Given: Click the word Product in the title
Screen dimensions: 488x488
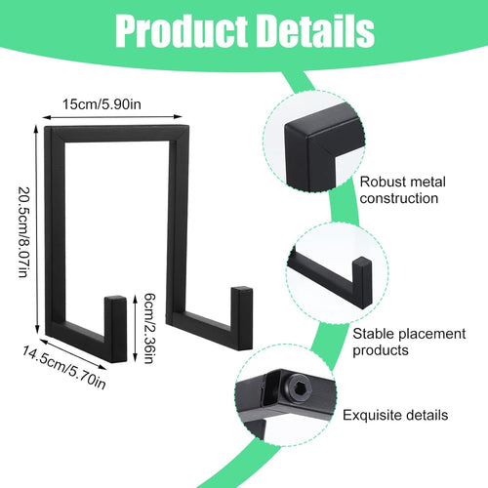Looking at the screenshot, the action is pos(181,32).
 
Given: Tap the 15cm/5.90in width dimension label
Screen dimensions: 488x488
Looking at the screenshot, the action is pos(102,104).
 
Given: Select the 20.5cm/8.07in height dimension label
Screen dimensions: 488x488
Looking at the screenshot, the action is pos(23,231).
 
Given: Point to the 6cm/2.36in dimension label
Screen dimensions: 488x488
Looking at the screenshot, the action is pos(149,328).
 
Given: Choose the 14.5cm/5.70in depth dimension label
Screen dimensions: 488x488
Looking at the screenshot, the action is pos(64,367).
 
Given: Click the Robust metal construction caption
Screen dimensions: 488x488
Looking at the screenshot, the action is pos(402,190).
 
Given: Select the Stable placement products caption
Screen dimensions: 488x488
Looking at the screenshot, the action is pos(409,342).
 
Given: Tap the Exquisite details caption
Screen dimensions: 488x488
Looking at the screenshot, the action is pos(395,415).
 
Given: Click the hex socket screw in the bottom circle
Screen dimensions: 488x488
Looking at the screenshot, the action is pos(299,388).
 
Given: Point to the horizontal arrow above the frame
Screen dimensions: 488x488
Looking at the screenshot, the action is pos(112,117).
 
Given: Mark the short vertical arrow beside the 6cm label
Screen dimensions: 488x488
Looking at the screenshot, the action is pos(136,328).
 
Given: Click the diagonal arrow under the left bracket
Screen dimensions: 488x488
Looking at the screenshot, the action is pos(73,354).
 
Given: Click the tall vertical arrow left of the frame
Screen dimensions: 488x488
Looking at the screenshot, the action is pos(37,229).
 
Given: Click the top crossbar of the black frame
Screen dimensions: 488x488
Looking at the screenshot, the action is pos(117,134).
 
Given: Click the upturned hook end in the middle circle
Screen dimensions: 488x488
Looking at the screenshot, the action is pos(362,280).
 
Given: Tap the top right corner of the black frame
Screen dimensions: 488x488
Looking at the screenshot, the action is pos(188,126).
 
